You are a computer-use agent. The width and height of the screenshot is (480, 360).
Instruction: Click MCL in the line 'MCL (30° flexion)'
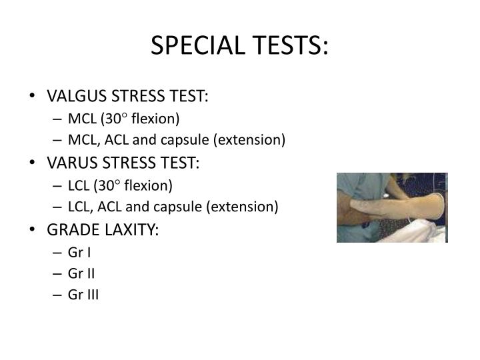(x=81, y=119)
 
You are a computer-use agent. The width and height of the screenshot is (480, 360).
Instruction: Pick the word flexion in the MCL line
(x=158, y=119)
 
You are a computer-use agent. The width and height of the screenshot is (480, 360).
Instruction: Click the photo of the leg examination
(x=391, y=207)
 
